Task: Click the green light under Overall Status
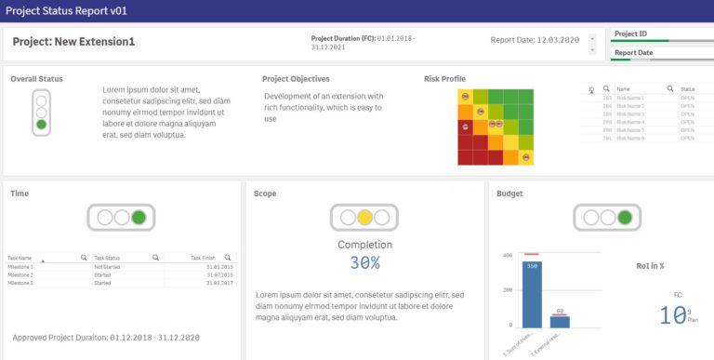click(41, 124)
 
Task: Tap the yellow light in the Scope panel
click(364, 218)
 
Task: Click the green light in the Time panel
click(139, 218)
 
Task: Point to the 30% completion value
click(364, 263)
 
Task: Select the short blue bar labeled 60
click(560, 321)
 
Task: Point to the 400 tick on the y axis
click(508, 255)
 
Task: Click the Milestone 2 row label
click(20, 275)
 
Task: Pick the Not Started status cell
click(107, 267)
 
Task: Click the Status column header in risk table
click(688, 89)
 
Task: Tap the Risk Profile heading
click(444, 79)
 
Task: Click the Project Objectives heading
click(296, 79)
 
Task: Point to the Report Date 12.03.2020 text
click(535, 40)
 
